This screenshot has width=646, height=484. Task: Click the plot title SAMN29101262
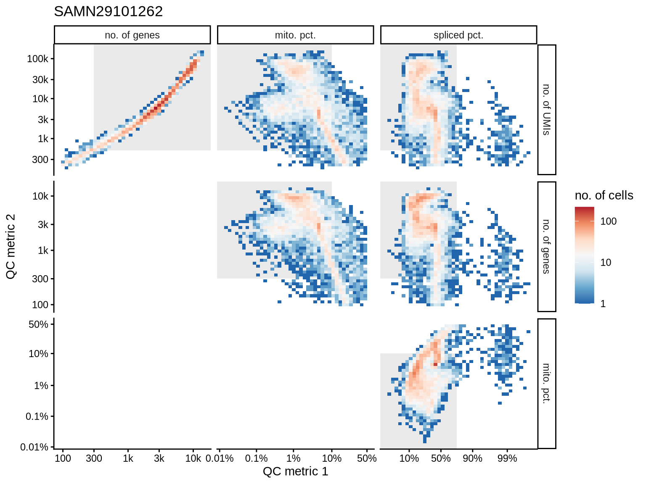[108, 11]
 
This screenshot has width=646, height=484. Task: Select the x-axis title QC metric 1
[295, 471]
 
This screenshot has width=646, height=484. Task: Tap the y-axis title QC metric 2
[11, 246]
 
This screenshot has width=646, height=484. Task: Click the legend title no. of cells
[604, 195]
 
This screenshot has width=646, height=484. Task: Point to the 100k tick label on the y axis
[38, 59]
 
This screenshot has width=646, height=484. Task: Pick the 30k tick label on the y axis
[40, 79]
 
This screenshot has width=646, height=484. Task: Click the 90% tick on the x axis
[472, 458]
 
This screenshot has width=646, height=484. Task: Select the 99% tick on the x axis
[507, 458]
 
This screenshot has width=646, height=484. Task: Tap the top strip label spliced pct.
[458, 35]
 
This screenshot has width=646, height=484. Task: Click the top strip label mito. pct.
[295, 35]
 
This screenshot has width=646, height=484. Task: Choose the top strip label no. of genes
[132, 35]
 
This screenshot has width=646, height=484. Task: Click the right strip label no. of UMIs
[546, 110]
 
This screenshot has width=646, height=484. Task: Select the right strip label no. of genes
[546, 247]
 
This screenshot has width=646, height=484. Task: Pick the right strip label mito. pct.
[546, 384]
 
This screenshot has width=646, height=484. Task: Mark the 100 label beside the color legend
[609, 221]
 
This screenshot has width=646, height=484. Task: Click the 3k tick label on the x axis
[159, 458]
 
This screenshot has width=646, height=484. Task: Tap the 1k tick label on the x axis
[128, 458]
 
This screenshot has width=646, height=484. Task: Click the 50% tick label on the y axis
[38, 324]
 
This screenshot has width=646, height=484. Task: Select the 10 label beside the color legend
[606, 263]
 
